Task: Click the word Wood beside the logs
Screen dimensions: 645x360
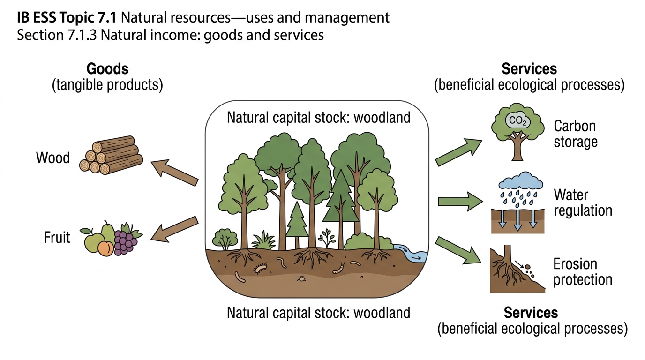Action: tap(53, 158)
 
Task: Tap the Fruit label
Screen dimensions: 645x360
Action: tap(57, 238)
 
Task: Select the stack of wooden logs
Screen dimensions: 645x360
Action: tap(111, 155)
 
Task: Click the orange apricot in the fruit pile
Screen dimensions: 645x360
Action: tap(105, 248)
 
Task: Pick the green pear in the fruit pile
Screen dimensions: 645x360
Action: tap(108, 232)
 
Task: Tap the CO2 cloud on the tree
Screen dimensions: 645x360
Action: tap(517, 120)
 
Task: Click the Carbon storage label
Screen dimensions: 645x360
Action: tap(575, 134)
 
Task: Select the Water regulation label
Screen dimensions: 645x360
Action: tap(583, 202)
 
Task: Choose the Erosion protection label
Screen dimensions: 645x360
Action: tap(583, 271)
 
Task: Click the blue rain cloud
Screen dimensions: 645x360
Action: tap(521, 180)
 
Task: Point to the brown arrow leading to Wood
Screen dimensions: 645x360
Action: tap(174, 172)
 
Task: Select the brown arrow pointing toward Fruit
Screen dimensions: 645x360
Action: tap(174, 229)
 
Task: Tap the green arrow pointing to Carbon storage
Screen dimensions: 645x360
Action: tap(459, 152)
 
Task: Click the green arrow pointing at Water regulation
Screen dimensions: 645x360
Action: tap(460, 202)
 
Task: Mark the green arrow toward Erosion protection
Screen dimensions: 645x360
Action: tap(458, 250)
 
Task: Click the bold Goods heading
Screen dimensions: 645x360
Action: tap(107, 69)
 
